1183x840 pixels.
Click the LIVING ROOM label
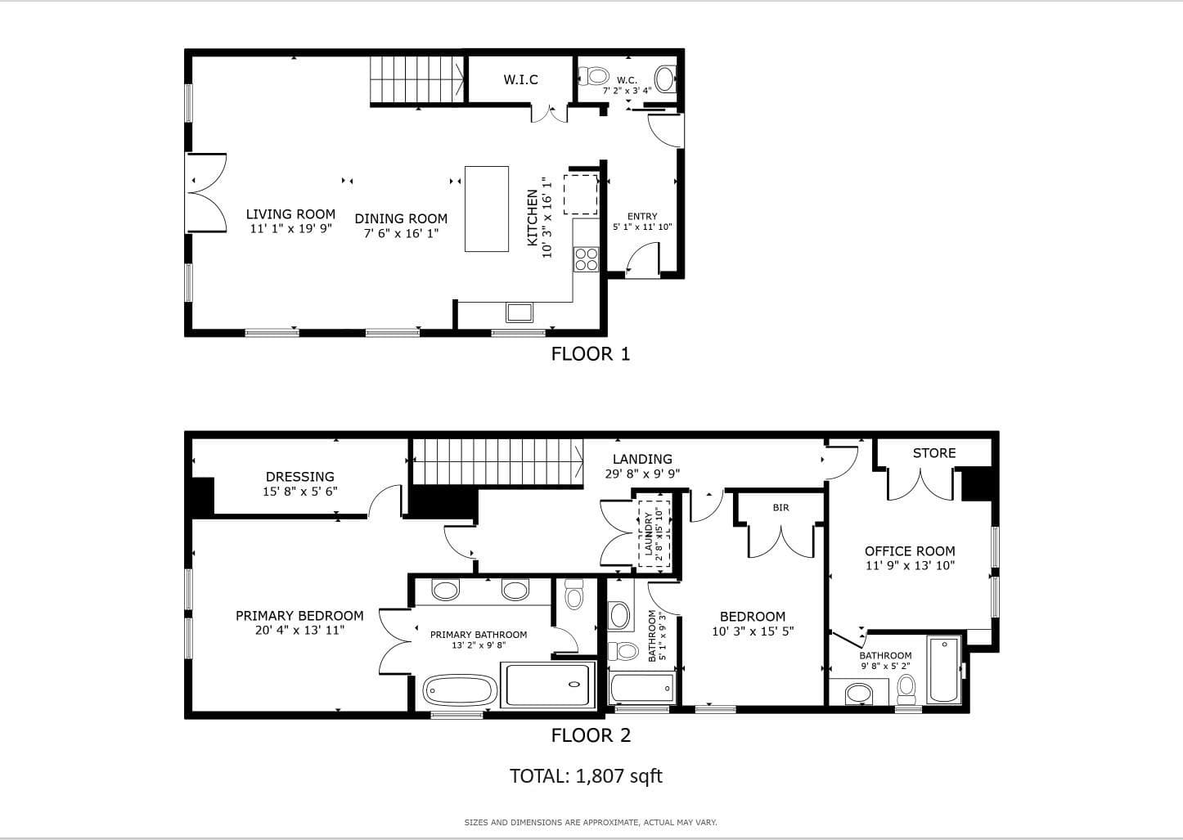(290, 213)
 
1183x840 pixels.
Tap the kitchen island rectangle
(487, 209)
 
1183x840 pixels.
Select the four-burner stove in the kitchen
(587, 259)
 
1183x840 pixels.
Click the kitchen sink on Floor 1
(520, 312)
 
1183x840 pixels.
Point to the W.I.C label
(520, 79)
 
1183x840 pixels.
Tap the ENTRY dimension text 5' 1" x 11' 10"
(642, 227)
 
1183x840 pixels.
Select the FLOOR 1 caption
(591, 353)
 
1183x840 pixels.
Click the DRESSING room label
(300, 477)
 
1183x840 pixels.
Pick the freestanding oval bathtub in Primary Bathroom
(460, 690)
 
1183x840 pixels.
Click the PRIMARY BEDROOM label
(299, 616)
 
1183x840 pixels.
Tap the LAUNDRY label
(649, 534)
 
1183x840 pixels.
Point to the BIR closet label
(780, 507)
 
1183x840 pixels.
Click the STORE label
(934, 453)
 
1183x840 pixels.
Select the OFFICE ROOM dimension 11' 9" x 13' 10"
(910, 565)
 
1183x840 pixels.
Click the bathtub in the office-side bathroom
(944, 670)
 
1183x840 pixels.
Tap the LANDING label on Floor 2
(642, 459)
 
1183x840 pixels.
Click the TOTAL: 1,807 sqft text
(586, 776)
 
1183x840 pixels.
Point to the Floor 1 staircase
(416, 79)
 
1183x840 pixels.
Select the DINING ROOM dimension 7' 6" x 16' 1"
(401, 233)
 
